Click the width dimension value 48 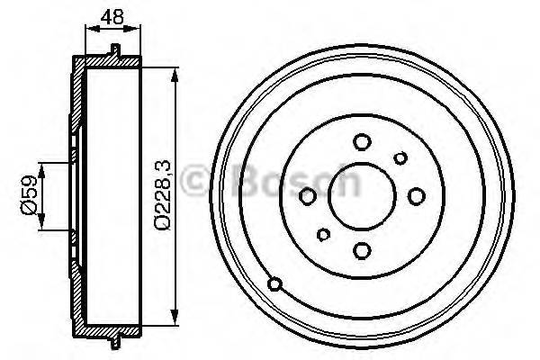pos(113,15)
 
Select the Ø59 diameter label pos(30,195)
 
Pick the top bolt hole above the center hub pos(362,141)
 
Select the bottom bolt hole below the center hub pos(362,251)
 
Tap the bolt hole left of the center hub pos(308,196)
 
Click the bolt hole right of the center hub pos(417,195)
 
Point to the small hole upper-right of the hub pos(401,158)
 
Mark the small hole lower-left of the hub pos(323,235)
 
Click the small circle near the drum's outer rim pos(276,285)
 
